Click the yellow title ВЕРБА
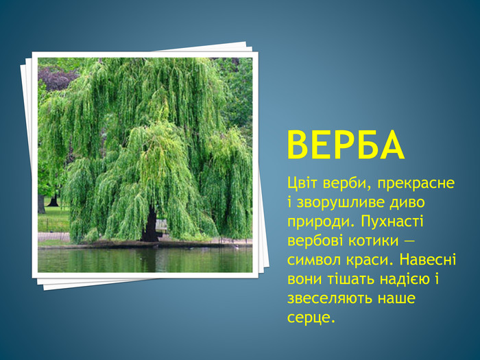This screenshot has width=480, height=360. (x=346, y=145)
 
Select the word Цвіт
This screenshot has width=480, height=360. (x=303, y=183)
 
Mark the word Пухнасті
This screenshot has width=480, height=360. (x=392, y=221)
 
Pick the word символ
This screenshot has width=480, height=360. (x=314, y=260)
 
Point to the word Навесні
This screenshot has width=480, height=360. (x=428, y=260)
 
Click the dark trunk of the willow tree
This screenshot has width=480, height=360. (x=150, y=224)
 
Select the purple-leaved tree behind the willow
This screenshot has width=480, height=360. (x=57, y=79)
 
